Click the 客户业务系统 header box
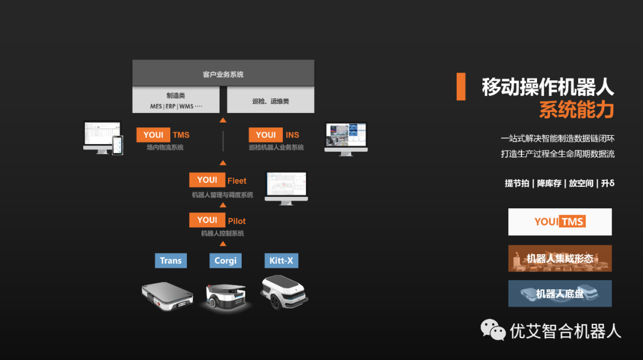tap(223, 74)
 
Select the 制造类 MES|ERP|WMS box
tap(176, 100)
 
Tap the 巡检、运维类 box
tap(270, 101)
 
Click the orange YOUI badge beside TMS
tap(153, 134)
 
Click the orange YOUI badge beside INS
tap(266, 134)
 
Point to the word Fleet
tap(237, 180)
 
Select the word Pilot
tap(237, 221)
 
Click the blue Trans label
tap(171, 261)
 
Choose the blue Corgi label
tap(226, 261)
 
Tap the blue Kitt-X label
tap(282, 261)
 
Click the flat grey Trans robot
tap(168, 296)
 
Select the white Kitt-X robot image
tap(285, 292)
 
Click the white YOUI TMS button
tap(560, 222)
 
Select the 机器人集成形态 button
tap(560, 258)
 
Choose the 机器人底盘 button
tap(560, 293)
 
